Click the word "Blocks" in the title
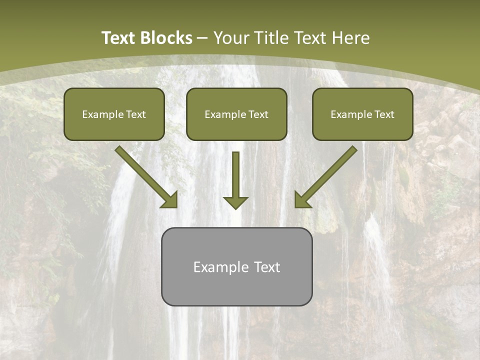pyautogui.click(x=167, y=38)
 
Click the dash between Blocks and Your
pyautogui.click(x=203, y=38)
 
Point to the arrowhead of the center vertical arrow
pyautogui.click(x=235, y=202)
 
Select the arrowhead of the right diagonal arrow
pyautogui.click(x=302, y=200)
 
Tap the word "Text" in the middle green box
pyautogui.click(x=258, y=114)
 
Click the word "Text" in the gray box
pyautogui.click(x=267, y=267)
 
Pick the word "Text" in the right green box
pyautogui.click(x=384, y=114)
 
